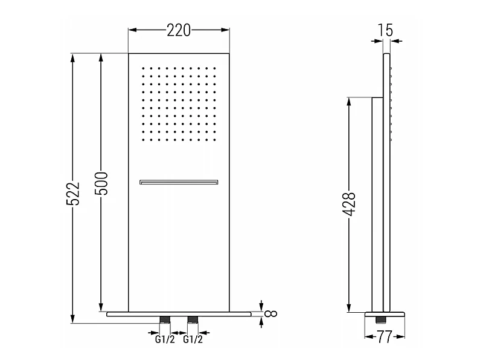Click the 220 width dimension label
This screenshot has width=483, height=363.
179,30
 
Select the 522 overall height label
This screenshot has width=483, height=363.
73,194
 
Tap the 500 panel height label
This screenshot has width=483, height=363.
101,183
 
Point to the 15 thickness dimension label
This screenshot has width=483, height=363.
385,30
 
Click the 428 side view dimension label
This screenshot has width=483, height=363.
349,204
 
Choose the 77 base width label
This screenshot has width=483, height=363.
385,337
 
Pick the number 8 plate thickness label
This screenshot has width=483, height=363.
270,313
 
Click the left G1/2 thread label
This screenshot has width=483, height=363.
164,339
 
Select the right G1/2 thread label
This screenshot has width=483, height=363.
193,339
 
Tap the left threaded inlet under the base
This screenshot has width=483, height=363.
165,320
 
